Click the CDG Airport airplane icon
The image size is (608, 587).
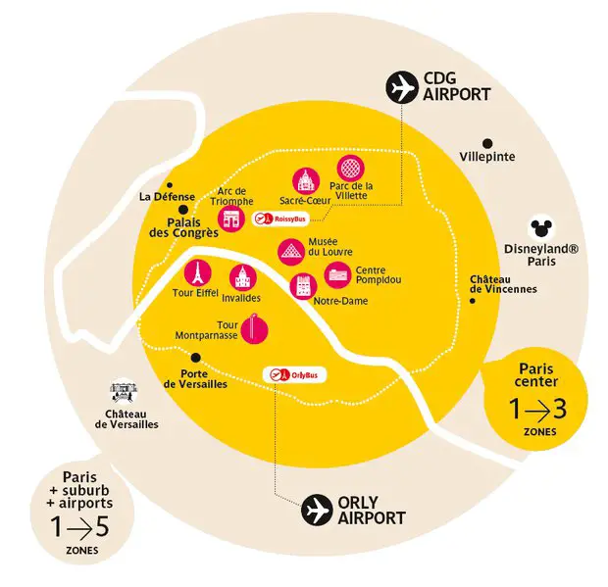click(400, 87)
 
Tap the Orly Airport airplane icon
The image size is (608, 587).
click(316, 510)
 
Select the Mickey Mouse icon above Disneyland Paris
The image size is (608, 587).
click(537, 228)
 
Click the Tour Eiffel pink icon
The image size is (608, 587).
click(197, 271)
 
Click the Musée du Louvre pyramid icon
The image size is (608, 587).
click(290, 251)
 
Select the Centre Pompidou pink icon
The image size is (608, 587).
click(337, 274)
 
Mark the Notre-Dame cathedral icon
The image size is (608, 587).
click(302, 285)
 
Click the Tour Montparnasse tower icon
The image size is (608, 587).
click(255, 327)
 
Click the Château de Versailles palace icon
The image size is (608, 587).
click(125, 392)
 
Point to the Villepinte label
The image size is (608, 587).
click(487, 157)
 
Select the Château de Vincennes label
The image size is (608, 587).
click(502, 284)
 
